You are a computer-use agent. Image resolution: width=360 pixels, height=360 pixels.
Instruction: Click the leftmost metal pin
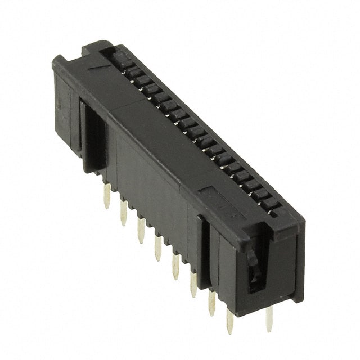pyautogui.click(x=107, y=195)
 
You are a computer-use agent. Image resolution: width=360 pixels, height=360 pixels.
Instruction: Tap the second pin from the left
pyautogui.click(x=124, y=212)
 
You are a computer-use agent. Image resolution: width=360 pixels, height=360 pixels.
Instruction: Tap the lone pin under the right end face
pyautogui.click(x=269, y=318)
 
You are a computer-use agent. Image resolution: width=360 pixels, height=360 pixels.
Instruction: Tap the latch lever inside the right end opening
pyautogui.click(x=254, y=264)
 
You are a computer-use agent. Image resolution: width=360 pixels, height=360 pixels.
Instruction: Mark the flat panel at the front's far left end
pyautogui.click(x=62, y=107)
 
